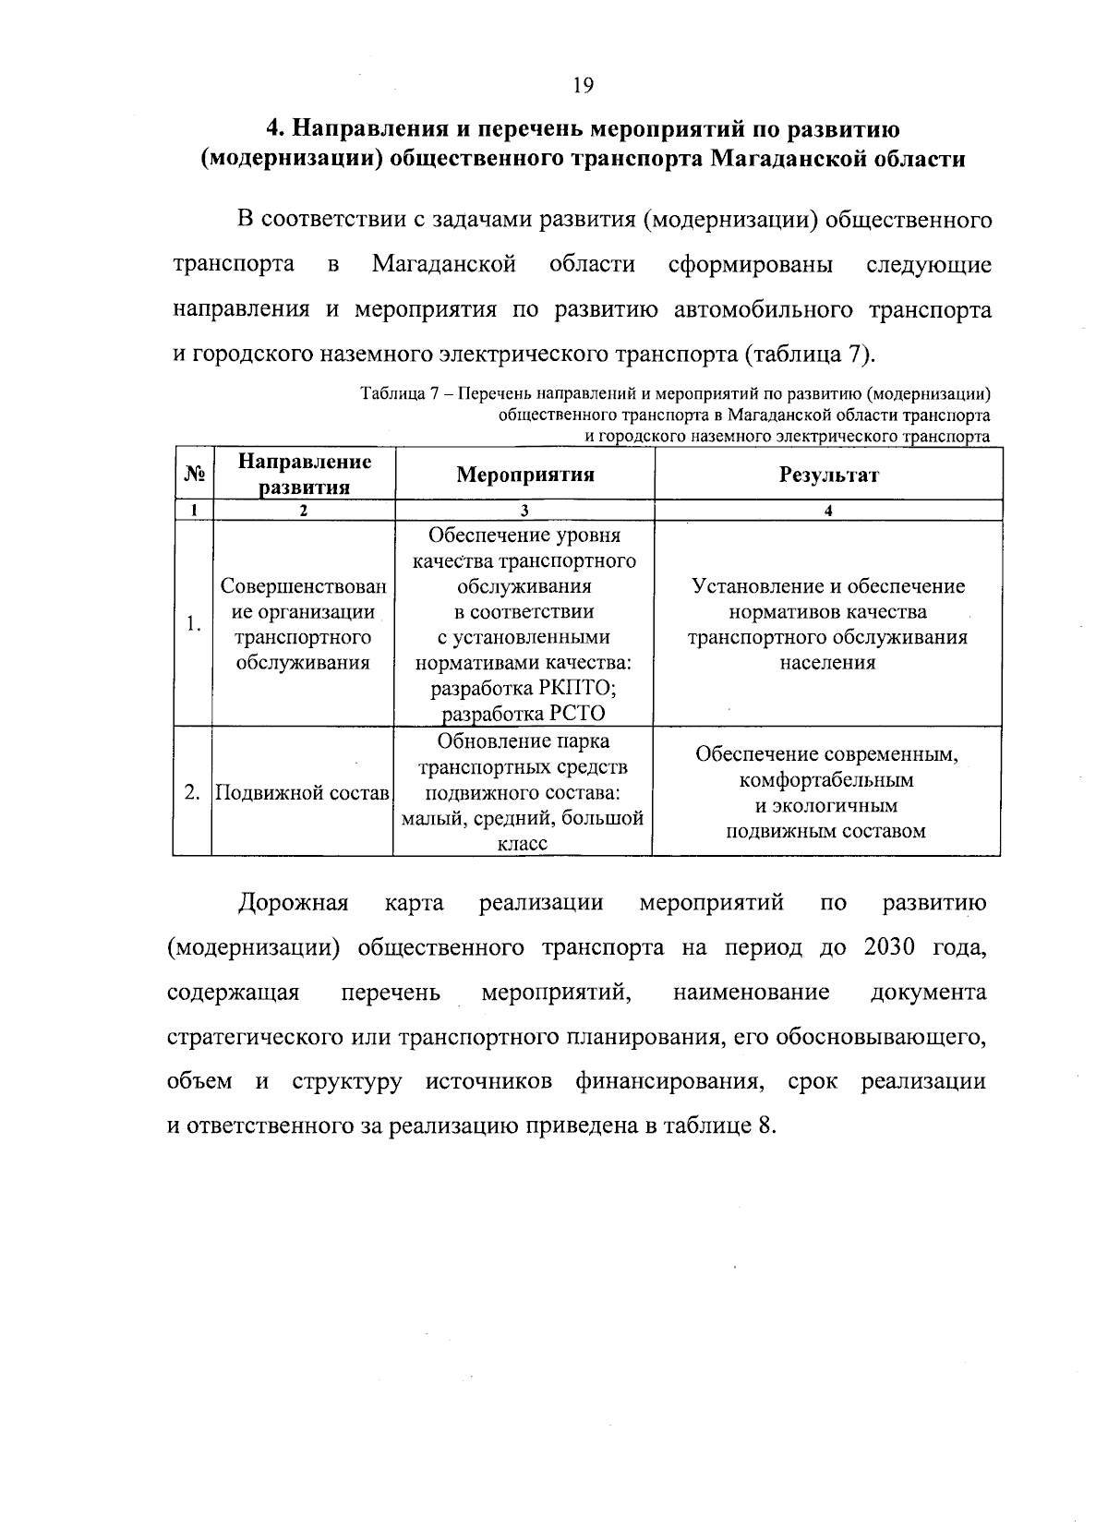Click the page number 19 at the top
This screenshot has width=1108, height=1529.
tap(582, 86)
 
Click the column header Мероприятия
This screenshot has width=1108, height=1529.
tap(525, 475)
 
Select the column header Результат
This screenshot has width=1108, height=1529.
tap(828, 475)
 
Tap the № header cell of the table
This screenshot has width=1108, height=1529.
tap(193, 475)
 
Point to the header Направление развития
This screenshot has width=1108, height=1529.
tap(304, 474)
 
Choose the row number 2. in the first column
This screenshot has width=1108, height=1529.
tap(192, 792)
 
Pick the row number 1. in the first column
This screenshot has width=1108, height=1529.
tap(192, 624)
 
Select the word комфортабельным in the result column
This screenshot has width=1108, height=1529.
tap(826, 780)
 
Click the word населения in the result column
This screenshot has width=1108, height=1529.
tap(827, 663)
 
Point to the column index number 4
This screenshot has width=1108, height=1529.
tap(828, 511)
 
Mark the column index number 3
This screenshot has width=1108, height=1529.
tap(524, 511)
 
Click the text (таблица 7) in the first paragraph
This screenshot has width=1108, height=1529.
tap(808, 355)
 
